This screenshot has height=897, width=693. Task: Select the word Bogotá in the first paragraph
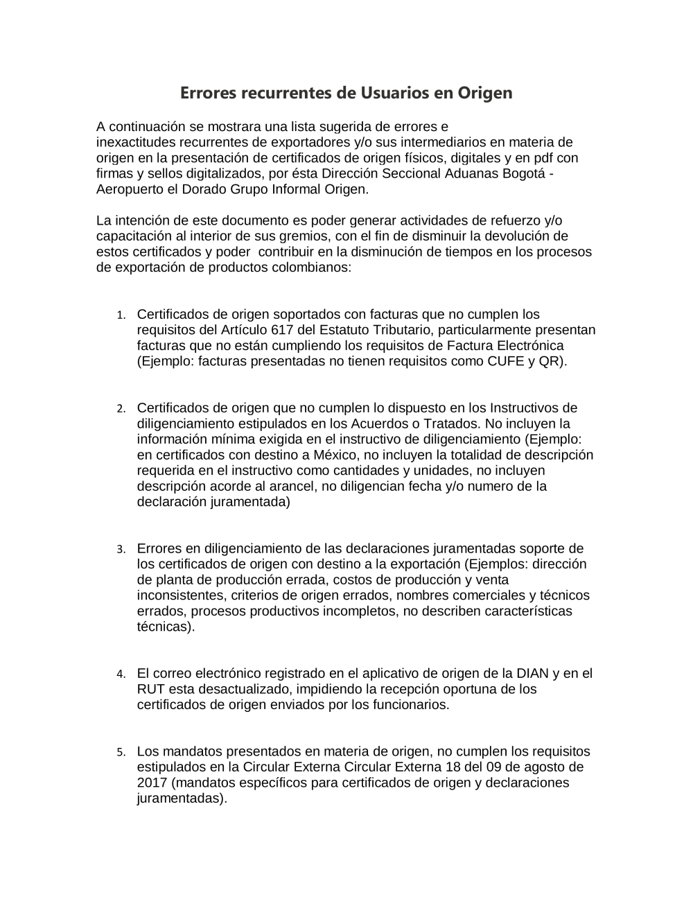(527, 173)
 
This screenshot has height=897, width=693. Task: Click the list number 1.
(121, 315)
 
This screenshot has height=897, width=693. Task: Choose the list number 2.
(121, 409)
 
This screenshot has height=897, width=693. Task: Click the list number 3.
(121, 550)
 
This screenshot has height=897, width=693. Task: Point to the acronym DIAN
(532, 673)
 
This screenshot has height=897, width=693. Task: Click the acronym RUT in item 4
(151, 689)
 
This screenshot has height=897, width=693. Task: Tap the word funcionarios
(409, 705)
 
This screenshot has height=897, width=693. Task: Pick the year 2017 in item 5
(152, 783)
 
